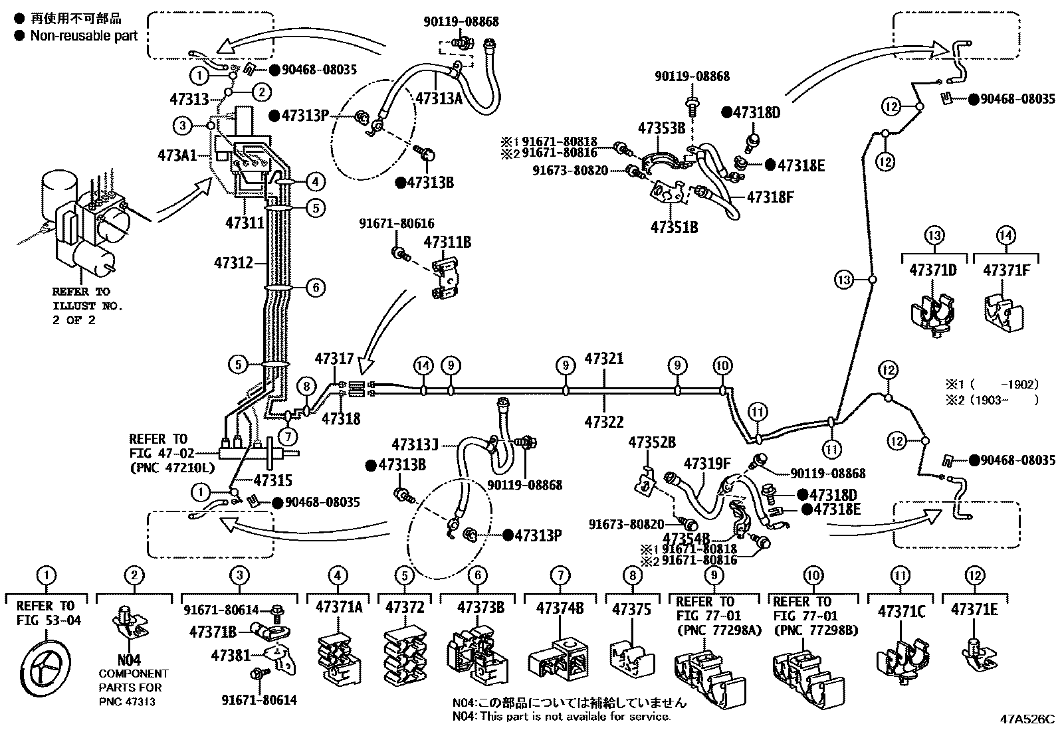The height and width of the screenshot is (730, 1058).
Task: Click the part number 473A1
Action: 176,155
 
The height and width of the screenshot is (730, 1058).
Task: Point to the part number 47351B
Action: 674,227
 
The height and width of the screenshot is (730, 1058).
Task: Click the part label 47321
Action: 603,359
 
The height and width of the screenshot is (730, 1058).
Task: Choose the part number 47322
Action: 603,420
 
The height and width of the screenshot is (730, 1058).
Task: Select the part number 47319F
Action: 707,463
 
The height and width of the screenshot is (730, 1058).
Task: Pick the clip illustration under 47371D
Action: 933,313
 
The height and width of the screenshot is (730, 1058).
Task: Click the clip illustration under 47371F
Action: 1004,310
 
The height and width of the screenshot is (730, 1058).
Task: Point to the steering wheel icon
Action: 45,664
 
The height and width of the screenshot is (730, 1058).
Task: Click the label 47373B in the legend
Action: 480,606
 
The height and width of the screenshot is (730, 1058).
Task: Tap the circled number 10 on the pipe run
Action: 722,366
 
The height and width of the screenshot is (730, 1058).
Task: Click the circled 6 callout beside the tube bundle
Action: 316,288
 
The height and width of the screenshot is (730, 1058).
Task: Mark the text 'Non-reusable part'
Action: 83,36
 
